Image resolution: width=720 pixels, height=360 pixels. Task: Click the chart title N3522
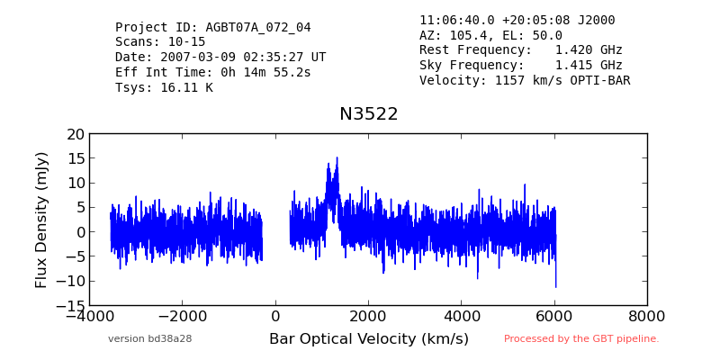369,114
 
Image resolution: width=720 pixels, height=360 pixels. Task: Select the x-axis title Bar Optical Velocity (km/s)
369,339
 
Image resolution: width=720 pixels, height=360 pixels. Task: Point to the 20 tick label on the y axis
76,134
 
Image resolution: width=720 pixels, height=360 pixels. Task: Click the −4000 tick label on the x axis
89,317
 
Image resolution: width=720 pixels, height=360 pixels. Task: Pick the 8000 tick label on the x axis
647,317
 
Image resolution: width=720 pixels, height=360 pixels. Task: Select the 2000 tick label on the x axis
368,317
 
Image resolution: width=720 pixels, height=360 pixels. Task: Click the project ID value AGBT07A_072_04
258,28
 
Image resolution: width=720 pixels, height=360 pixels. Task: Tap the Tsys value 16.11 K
186,87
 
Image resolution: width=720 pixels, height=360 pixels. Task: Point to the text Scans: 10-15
160,42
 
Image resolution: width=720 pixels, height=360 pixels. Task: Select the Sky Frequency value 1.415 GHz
589,65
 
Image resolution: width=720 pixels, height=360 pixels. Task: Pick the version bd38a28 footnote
149,339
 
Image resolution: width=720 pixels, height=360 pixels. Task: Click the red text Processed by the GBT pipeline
581,339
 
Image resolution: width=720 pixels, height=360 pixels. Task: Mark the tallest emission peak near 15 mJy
337,157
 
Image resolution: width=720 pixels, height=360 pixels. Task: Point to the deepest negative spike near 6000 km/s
555,287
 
